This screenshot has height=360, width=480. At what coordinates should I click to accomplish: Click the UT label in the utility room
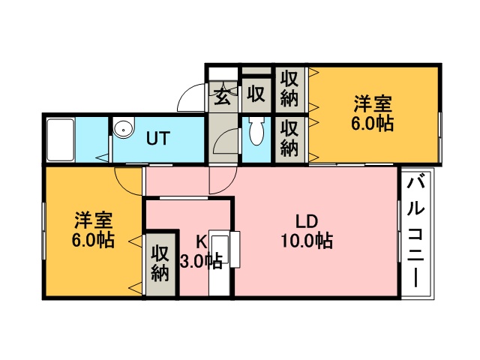(158, 138)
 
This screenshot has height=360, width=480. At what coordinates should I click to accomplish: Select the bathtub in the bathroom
(59, 139)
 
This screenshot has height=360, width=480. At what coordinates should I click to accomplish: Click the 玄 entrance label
(223, 94)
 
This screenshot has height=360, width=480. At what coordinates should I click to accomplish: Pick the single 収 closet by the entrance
(256, 94)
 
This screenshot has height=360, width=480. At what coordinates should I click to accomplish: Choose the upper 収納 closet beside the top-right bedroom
(289, 88)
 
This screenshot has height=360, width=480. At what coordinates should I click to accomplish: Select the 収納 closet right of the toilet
(289, 138)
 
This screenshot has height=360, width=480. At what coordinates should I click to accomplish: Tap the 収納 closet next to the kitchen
(160, 262)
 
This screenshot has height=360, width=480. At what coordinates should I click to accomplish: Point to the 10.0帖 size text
(307, 241)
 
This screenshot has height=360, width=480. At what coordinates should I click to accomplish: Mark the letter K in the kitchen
(201, 241)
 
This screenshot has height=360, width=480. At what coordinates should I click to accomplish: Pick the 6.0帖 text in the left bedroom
(94, 241)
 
